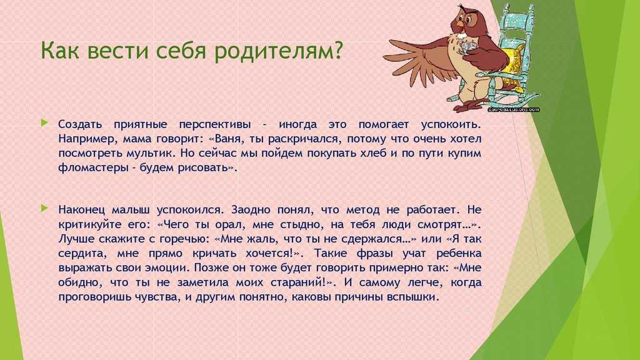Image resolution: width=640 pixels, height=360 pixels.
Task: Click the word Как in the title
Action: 59,51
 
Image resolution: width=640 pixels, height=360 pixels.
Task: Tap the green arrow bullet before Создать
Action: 44,122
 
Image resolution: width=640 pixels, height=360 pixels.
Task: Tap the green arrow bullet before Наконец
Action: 44,208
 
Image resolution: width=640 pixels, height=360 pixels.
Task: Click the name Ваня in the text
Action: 229,139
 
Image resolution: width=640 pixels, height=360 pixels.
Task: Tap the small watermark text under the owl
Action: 514,109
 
